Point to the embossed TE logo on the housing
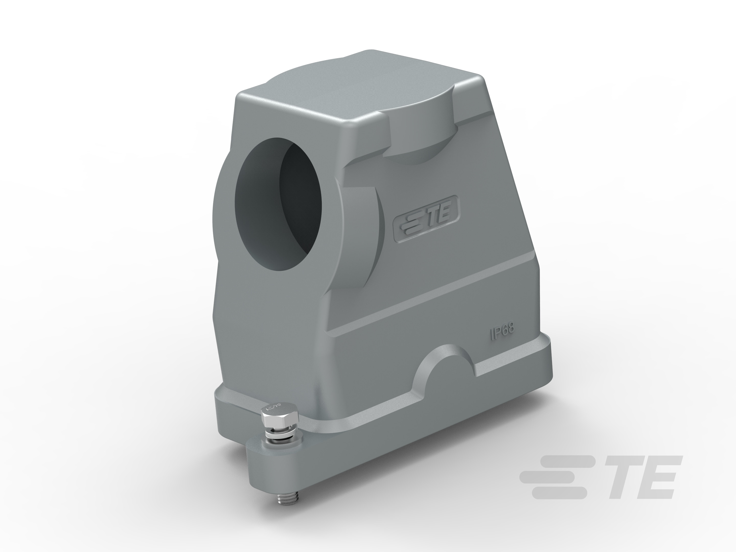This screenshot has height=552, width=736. (426, 218)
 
